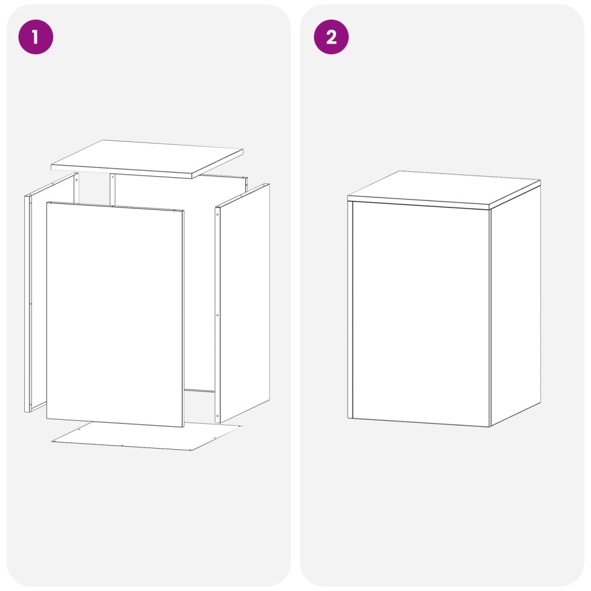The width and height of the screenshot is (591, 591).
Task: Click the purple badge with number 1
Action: point(36,37)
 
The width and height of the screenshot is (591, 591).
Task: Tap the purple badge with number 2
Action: point(332,37)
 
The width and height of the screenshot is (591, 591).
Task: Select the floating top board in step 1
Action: point(147,158)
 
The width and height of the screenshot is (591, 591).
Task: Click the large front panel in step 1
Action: point(115,314)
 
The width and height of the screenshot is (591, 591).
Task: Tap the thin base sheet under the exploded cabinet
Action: point(147,437)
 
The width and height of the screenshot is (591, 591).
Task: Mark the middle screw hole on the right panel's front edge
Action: point(217,315)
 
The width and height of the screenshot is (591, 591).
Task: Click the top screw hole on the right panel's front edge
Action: point(217,215)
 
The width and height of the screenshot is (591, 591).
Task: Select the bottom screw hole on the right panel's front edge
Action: point(217,416)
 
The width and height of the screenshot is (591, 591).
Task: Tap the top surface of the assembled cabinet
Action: point(444,188)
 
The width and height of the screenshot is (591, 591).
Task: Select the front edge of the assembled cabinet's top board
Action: point(418,202)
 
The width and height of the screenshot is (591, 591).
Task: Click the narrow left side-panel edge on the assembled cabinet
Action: point(350,310)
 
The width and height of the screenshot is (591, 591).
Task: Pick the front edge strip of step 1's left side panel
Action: point(28,304)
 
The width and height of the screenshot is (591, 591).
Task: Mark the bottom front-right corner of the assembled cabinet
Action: point(489,427)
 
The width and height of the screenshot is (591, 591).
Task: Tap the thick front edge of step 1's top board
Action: point(121,171)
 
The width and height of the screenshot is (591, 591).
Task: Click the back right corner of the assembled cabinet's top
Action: point(541,180)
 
